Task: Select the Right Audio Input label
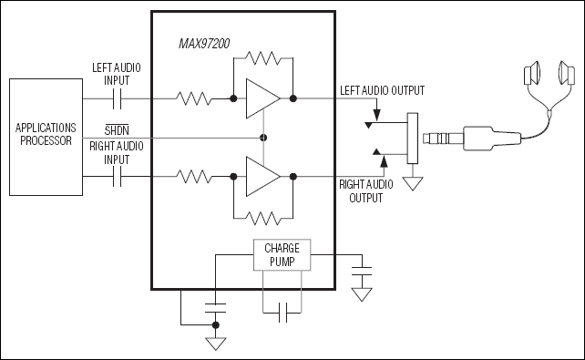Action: (x=116, y=151)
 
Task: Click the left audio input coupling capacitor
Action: (x=116, y=98)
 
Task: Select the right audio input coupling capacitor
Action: (x=116, y=176)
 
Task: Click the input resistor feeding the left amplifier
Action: (x=194, y=98)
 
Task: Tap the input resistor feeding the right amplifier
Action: (x=194, y=176)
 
